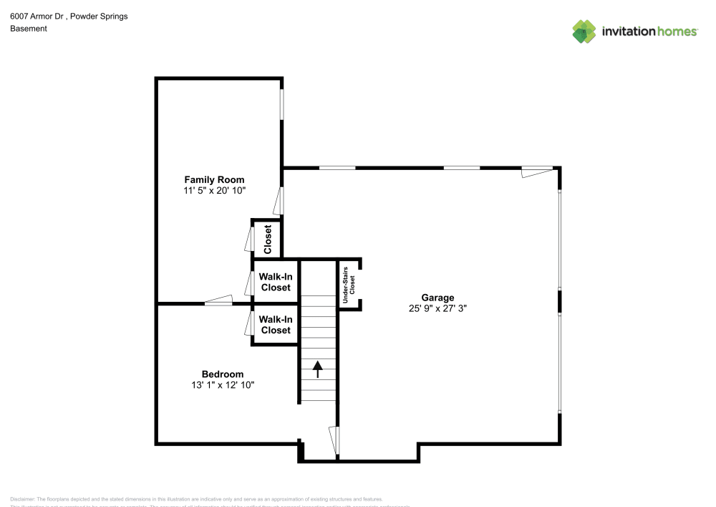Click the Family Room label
[x=214, y=179]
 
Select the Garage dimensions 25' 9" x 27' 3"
[x=437, y=309]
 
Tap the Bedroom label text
[x=222, y=374]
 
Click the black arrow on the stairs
[x=317, y=369]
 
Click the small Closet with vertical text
[x=268, y=240]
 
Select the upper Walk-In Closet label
[x=275, y=282]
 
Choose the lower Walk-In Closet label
[x=275, y=325]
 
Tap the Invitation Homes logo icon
[x=584, y=31]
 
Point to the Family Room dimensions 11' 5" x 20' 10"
[x=214, y=191]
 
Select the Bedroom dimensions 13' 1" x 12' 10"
[x=222, y=385]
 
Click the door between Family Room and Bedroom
[x=218, y=300]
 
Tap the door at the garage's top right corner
[x=537, y=171]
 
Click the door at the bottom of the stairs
[x=334, y=441]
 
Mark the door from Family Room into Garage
[x=279, y=200]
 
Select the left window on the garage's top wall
[x=337, y=168]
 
